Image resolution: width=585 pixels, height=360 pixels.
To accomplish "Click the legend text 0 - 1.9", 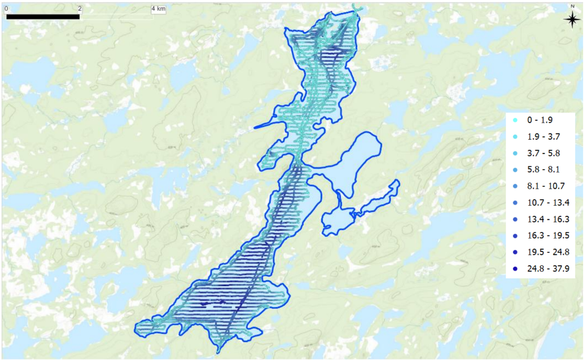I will (x=540, y=120).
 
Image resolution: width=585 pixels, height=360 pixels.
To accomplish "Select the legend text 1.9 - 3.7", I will (x=543, y=137).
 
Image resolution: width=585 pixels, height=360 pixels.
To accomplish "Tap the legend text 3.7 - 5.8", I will (x=543, y=153).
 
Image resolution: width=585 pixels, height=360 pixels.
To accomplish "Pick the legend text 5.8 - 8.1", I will (x=543, y=169).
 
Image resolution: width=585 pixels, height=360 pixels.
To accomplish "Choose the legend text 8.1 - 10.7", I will (x=546, y=186).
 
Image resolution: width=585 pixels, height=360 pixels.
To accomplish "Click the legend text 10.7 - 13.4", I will (x=548, y=202).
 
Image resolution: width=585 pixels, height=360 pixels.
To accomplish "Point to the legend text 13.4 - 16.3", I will (x=548, y=219).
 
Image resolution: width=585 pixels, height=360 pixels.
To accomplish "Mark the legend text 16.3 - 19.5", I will (x=548, y=236).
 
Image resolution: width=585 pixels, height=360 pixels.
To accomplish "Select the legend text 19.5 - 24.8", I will (x=548, y=252).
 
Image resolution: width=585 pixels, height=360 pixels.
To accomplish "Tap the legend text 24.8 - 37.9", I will (x=548, y=269).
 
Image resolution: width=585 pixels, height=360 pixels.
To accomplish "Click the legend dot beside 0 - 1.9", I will (x=515, y=120).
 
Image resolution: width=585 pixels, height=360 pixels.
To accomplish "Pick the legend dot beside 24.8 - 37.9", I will (x=515, y=269).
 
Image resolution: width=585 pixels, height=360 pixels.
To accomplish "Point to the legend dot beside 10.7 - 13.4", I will (x=515, y=203).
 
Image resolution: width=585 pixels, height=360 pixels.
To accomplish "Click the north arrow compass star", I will (x=572, y=19).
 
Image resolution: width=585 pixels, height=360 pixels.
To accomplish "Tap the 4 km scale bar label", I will (x=158, y=9).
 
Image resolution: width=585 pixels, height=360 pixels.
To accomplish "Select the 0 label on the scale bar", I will (x=6, y=9).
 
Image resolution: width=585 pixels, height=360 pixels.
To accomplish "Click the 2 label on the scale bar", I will (x=80, y=9).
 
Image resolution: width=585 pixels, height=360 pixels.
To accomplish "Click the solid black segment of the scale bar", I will (x=43, y=17).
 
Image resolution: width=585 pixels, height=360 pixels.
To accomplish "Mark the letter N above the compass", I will (x=572, y=6).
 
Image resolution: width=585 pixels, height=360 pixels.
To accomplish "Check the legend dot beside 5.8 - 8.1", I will (x=515, y=170).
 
